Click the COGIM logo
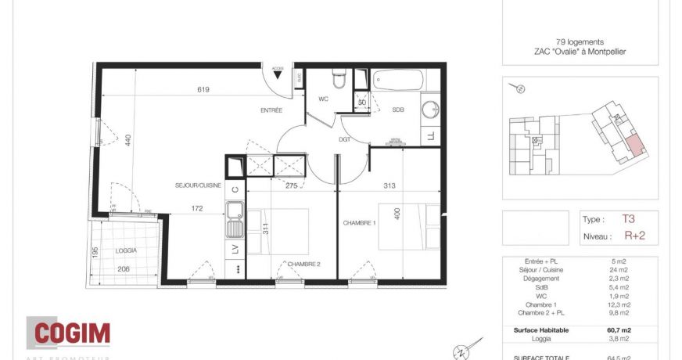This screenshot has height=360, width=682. click(68, 334)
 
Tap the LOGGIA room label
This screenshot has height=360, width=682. click(125, 250)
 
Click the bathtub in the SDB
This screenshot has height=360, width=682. click(398, 80)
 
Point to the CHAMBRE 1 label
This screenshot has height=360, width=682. click(360, 223)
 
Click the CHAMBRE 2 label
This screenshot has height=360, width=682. click(304, 264)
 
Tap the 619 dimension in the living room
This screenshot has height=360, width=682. click(203, 90)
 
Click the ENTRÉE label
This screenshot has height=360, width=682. click(271, 110)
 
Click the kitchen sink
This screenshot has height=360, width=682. click(234, 220)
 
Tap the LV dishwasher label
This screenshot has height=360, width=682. click(235, 250)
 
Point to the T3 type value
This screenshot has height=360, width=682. click(629, 220)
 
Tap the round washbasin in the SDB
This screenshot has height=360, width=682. click(429, 110)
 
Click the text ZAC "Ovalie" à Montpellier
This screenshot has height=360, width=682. click(580, 52)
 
